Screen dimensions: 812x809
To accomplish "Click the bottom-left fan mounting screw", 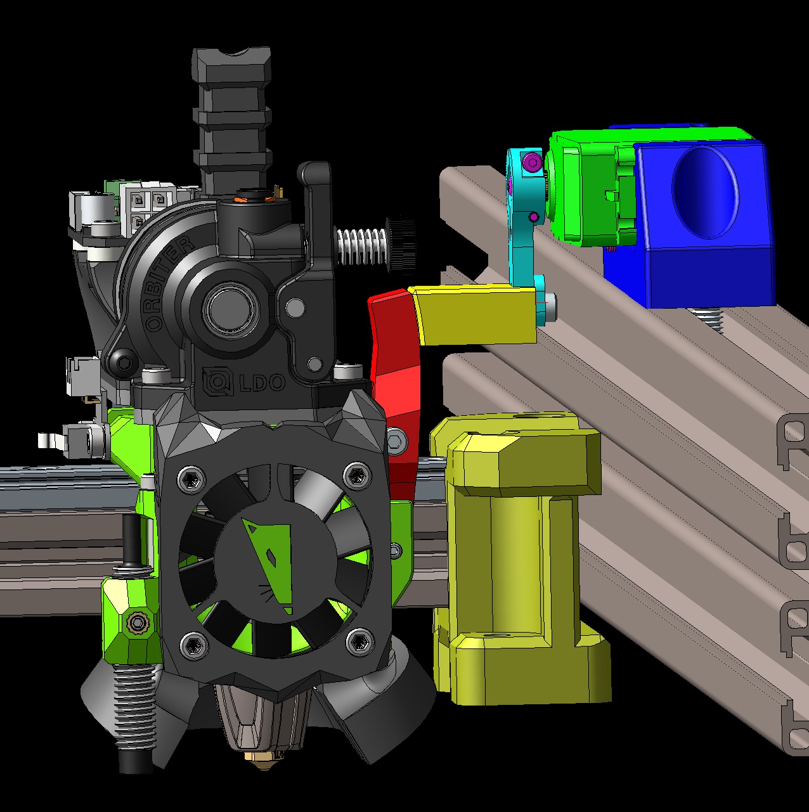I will tap(193, 646).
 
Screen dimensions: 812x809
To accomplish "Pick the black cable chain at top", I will tap(231, 114).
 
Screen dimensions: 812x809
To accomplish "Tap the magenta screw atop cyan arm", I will tap(531, 163).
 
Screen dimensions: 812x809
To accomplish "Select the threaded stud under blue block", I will tap(710, 319).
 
